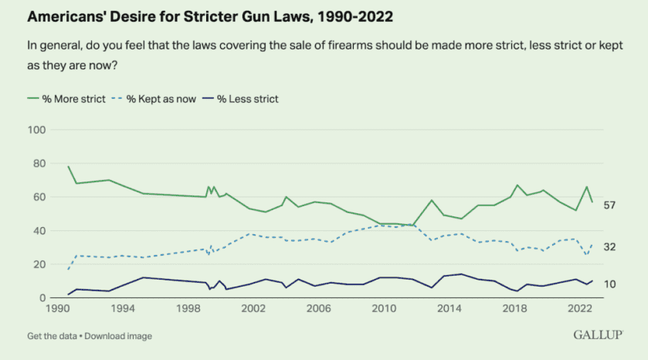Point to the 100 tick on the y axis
(34, 130)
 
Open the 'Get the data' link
(53, 336)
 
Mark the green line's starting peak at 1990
(69, 166)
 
